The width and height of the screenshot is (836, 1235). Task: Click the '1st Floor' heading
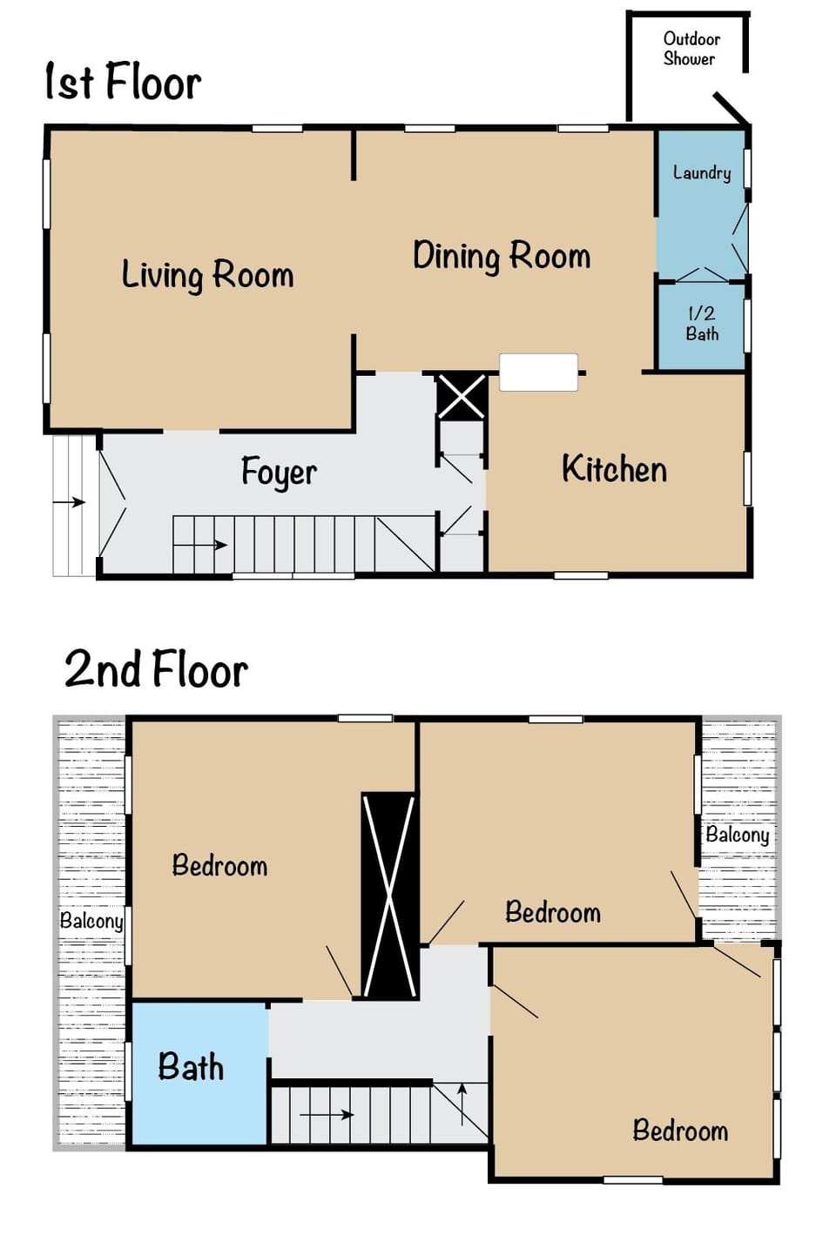point(123,82)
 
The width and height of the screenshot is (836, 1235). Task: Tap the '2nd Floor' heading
point(156,669)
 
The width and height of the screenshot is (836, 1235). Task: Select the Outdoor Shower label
point(691,49)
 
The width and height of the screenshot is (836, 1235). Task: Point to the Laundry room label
point(701,172)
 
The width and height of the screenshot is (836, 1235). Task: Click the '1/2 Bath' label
point(702,323)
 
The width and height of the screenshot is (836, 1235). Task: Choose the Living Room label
point(207,275)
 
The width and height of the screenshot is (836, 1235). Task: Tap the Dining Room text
point(502,257)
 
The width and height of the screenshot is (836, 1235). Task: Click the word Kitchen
point(614,469)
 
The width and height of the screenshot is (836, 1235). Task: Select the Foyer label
point(279,473)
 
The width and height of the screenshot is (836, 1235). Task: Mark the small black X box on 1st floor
point(462,397)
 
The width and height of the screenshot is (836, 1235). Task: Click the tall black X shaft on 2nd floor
point(389,895)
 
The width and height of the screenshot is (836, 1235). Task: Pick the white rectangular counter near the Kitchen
point(538,372)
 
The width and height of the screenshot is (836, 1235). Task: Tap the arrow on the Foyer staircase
point(209,546)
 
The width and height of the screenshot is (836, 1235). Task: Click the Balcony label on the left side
point(91,920)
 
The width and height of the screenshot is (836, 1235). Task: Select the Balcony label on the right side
point(737,835)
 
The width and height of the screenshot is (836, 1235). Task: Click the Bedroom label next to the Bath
point(219,866)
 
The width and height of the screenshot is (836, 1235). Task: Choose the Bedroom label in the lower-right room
point(680,1131)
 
